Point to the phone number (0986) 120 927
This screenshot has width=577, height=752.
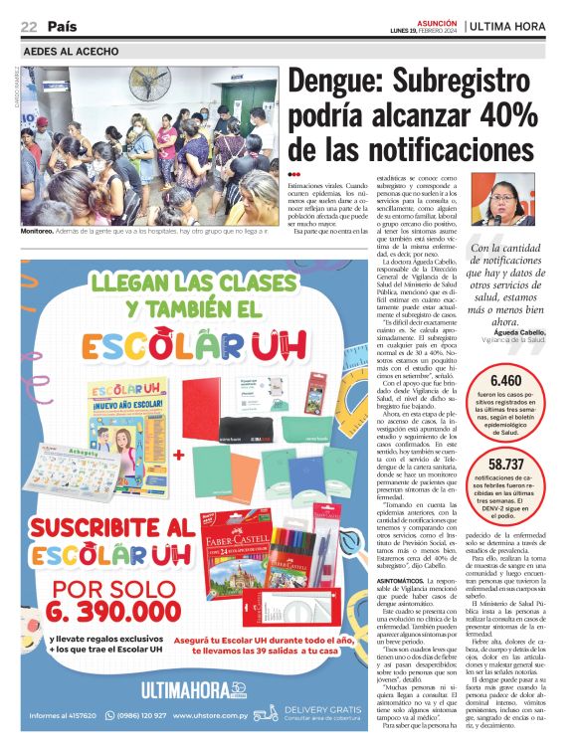[133, 715]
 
